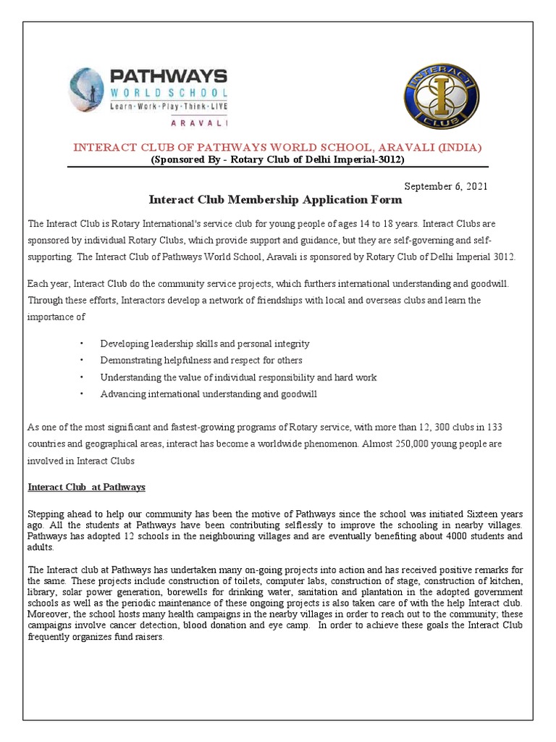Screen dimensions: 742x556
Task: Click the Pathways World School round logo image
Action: [86, 90]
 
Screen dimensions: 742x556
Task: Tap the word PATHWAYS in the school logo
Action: [167, 76]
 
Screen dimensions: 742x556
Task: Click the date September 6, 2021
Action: [445, 186]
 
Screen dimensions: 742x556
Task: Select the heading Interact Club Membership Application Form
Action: [275, 199]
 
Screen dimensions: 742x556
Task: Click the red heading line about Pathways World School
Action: [278, 147]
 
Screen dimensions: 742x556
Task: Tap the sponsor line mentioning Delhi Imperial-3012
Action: [277, 159]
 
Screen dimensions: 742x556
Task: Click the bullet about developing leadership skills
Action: [205, 343]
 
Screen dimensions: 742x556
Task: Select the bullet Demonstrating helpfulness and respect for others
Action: [201, 360]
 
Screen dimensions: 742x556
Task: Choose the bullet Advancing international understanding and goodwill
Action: [208, 394]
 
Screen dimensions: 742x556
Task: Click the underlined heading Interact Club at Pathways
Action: [86, 486]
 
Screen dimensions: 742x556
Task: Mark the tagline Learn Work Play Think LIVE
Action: [168, 107]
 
